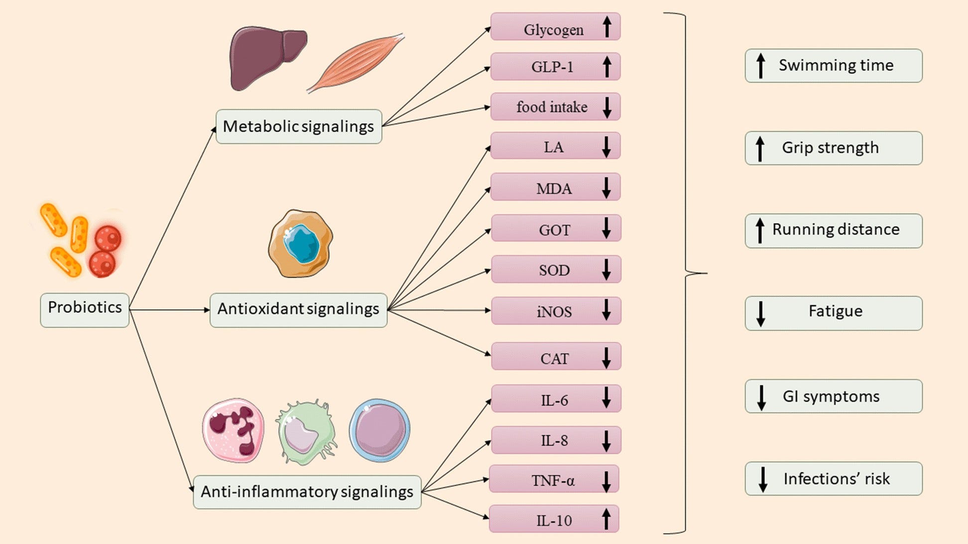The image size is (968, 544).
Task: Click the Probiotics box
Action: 85,310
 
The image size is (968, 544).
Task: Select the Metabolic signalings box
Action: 299,126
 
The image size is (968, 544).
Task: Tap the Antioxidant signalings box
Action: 298,310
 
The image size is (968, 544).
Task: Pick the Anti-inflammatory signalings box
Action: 307,492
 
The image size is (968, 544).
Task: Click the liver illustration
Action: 266,57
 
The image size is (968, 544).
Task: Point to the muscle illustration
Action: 355,63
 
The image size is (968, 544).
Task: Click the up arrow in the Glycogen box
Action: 606,26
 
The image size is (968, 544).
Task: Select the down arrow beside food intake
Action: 606,108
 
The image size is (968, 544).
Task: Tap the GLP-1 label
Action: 552,67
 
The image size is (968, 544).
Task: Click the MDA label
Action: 554,189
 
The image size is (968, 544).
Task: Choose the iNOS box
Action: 556,311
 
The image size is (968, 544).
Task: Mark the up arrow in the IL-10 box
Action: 606,519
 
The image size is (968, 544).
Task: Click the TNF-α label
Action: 553,480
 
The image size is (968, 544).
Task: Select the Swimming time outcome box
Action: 834,66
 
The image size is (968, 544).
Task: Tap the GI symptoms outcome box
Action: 834,396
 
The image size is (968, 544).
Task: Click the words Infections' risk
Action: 837,479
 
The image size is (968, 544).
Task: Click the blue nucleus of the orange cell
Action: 301,243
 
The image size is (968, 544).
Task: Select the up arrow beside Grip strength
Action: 760,149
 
